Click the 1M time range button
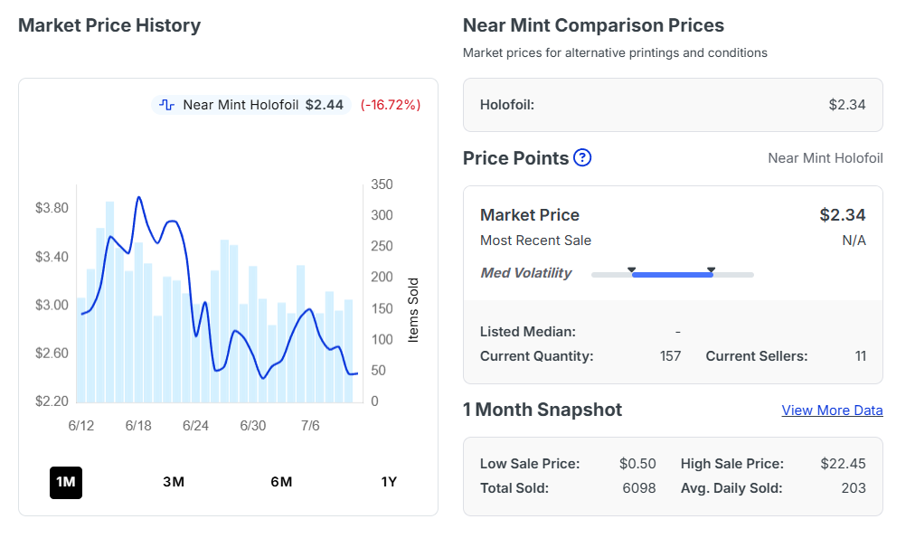click(x=66, y=483)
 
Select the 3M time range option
click(x=174, y=482)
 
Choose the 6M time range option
click(x=281, y=482)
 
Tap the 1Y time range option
click(x=389, y=482)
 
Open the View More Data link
click(x=832, y=411)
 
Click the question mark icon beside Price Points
click(x=582, y=157)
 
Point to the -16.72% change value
click(x=391, y=105)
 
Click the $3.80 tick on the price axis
click(x=52, y=208)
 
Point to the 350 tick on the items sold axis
click(x=382, y=184)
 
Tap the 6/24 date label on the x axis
click(x=195, y=426)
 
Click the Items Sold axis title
click(x=413, y=310)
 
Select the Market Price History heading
click(x=109, y=25)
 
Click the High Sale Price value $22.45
click(x=843, y=464)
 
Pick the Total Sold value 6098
click(x=639, y=488)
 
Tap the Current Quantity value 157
click(x=671, y=356)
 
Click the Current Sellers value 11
click(x=860, y=356)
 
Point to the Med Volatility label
click(x=526, y=273)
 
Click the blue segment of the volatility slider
click(x=673, y=274)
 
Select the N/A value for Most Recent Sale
click(x=854, y=241)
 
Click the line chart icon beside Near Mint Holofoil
click(x=167, y=105)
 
